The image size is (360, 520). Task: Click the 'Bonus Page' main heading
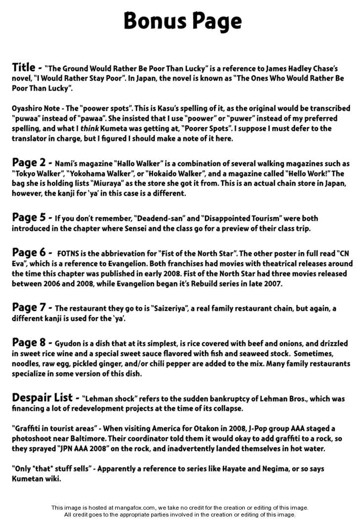click(182, 21)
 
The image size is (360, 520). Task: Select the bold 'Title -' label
click(27, 67)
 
